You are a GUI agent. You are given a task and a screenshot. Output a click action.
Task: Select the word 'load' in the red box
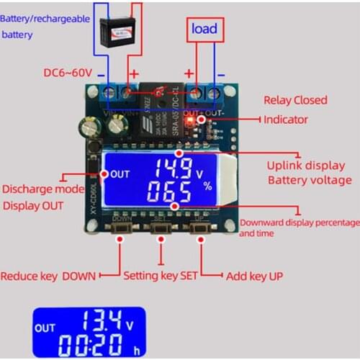click(x=204, y=30)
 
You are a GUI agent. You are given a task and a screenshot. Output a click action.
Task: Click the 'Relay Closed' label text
click(x=295, y=100)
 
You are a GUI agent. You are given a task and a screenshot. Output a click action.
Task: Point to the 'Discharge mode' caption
click(x=44, y=190)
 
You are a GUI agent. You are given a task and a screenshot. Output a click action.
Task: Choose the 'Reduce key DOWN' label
click(x=48, y=276)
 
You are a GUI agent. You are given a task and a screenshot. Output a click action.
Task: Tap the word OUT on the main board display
click(x=120, y=174)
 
